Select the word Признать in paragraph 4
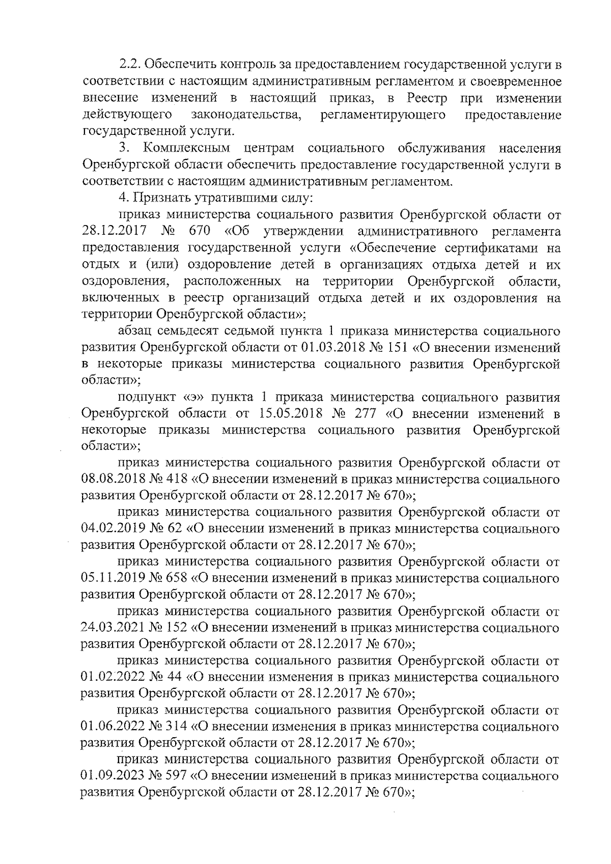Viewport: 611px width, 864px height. [x=156, y=198]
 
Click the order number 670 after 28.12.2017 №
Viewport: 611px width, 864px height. [x=200, y=232]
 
